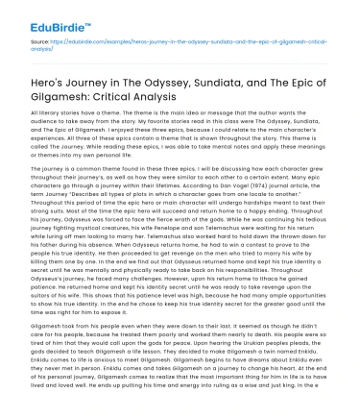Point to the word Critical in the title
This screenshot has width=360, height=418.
(127, 99)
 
